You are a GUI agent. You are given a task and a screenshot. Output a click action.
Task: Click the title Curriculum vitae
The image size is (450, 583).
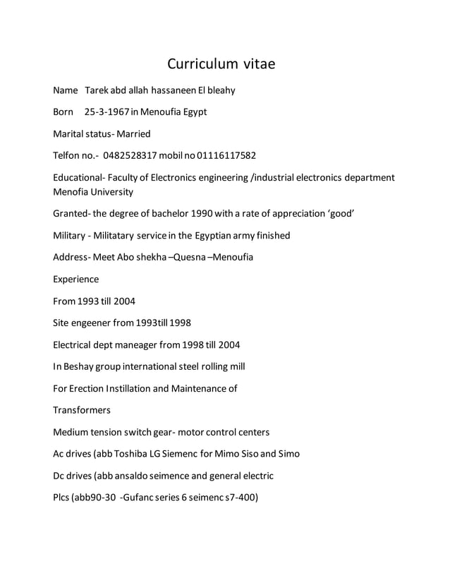(x=221, y=64)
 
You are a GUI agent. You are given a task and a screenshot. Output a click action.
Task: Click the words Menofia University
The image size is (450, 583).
(x=92, y=191)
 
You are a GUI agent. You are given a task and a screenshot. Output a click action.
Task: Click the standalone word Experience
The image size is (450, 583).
(x=76, y=279)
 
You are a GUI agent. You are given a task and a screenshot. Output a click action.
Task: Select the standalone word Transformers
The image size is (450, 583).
(x=82, y=409)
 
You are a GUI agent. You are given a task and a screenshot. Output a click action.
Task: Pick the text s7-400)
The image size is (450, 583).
(x=240, y=497)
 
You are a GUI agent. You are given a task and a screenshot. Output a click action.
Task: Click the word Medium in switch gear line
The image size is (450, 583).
(x=73, y=431)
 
